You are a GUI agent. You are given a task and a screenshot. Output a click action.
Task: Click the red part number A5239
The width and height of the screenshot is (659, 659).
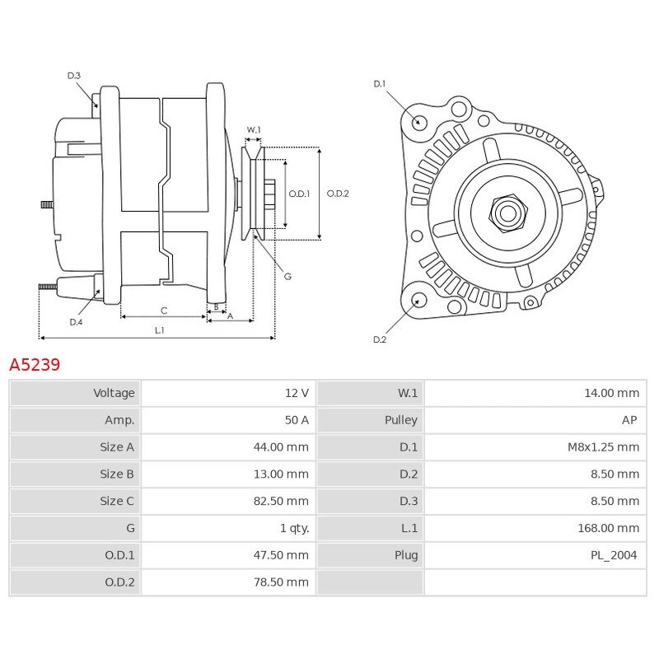click(x=35, y=364)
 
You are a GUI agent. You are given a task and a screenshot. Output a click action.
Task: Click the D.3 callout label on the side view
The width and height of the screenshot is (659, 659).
click(x=74, y=76)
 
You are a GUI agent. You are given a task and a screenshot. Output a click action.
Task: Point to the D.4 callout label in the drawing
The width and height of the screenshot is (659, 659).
click(x=76, y=322)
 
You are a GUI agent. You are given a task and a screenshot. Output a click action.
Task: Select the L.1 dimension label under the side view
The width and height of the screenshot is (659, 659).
click(x=160, y=330)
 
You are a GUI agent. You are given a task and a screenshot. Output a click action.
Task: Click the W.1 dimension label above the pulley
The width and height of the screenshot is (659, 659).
click(x=254, y=130)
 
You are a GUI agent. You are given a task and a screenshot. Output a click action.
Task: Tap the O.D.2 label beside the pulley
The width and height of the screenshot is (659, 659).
click(x=338, y=194)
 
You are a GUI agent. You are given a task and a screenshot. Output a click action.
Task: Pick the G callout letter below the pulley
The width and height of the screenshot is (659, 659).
click(x=287, y=277)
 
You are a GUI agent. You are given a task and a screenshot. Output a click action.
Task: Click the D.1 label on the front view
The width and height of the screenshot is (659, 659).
click(x=380, y=83)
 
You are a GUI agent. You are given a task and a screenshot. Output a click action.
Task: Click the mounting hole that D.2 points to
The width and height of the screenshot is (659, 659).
click(x=418, y=299)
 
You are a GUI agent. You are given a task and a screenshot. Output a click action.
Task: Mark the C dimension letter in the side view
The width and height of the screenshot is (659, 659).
click(x=164, y=311)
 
